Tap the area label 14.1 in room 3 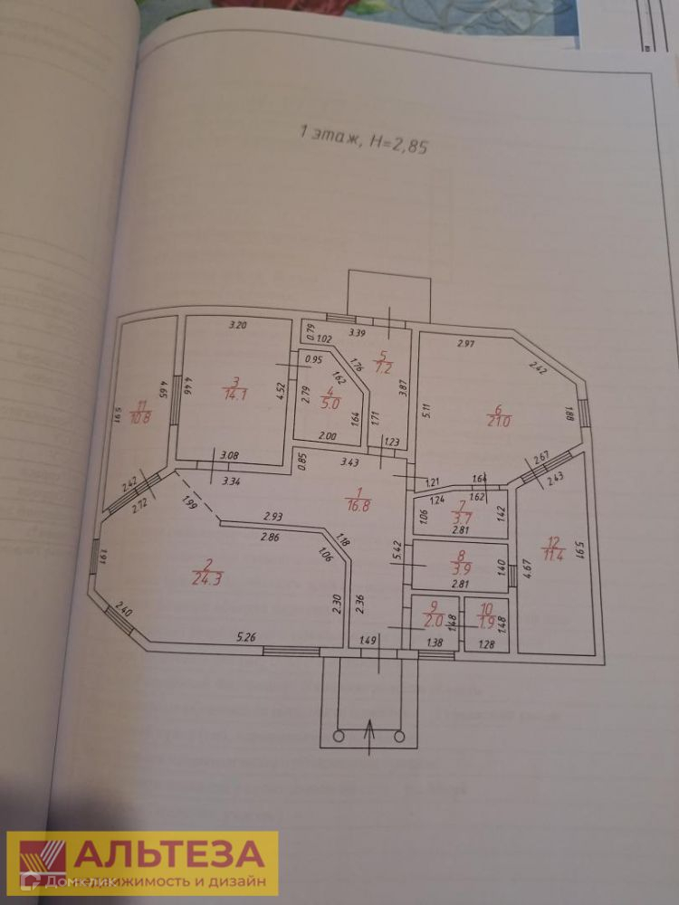click(234, 392)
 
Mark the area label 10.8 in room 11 click(141, 418)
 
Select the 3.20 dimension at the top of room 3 click(237, 324)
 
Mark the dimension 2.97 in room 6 click(466, 343)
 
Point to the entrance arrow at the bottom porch click(370, 731)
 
